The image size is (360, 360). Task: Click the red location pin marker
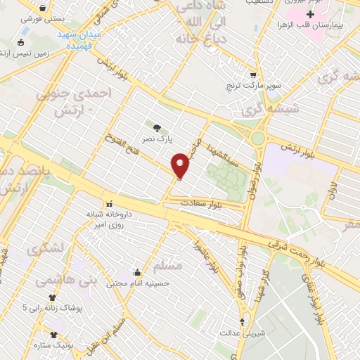click(x=181, y=165)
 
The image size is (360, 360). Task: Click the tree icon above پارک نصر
click(x=156, y=128)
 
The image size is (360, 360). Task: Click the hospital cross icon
click(x=310, y=14)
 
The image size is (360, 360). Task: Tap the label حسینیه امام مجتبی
click(x=138, y=284)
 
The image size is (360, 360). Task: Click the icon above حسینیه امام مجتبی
click(x=138, y=273)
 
